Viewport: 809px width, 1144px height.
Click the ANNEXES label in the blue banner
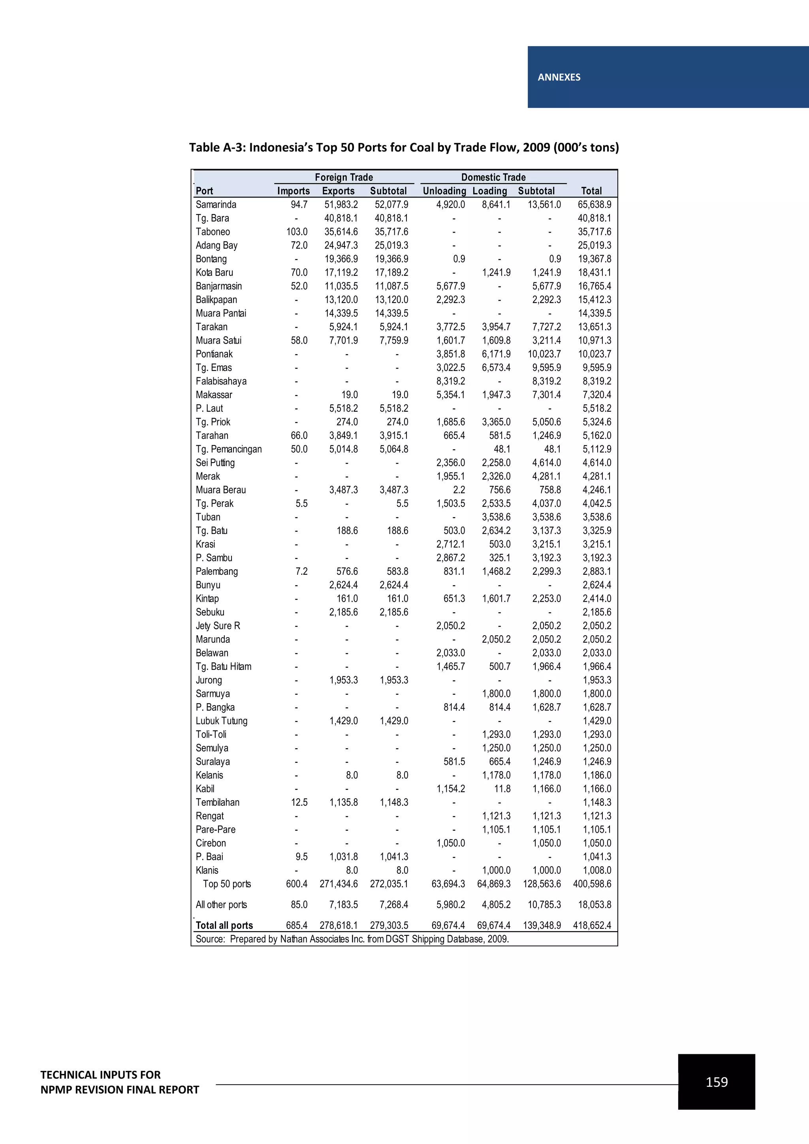pos(559,77)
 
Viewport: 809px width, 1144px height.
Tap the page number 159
pos(716,1082)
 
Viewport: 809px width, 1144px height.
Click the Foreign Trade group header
pos(344,177)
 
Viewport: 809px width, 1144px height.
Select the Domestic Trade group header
pos(493,177)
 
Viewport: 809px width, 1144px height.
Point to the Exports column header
pos(338,191)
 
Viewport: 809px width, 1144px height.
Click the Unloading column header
pos(444,191)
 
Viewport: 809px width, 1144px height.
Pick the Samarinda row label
pos(216,205)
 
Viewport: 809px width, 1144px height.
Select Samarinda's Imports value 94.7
pos(299,205)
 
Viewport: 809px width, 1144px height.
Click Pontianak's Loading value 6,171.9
pos(496,354)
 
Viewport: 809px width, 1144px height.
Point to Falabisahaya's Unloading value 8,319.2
pos(450,381)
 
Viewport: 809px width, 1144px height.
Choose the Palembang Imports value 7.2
pos(301,572)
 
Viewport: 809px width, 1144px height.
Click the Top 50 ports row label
pos(227,884)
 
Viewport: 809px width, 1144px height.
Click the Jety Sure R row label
pos(218,626)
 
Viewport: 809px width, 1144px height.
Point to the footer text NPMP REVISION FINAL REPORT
pos(120,1090)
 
